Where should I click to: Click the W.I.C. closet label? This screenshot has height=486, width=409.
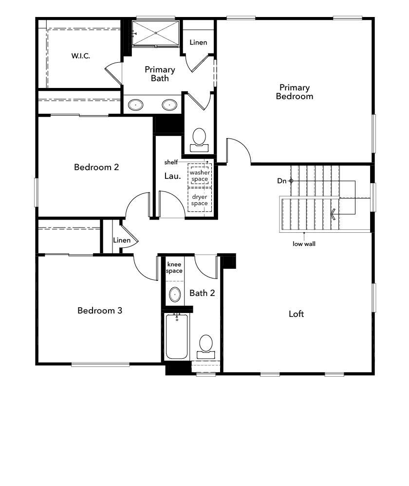pyautogui.click(x=80, y=56)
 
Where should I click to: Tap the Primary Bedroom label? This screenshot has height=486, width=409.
pyautogui.click(x=294, y=92)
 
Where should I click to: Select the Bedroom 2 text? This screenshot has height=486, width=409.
pyautogui.click(x=96, y=167)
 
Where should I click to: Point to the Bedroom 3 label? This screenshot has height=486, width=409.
pyautogui.click(x=99, y=310)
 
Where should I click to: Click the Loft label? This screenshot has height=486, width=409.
pyautogui.click(x=296, y=314)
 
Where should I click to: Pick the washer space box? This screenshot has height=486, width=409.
pyautogui.click(x=199, y=175)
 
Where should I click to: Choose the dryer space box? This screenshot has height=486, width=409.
pyautogui.click(x=199, y=200)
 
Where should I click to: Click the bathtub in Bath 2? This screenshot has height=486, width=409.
pyautogui.click(x=177, y=336)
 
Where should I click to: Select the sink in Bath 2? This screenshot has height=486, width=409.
pyautogui.click(x=175, y=294)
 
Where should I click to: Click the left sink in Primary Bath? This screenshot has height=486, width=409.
pyautogui.click(x=135, y=104)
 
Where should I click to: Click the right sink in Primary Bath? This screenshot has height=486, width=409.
pyautogui.click(x=169, y=104)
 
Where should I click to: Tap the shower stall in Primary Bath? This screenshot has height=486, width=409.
pyautogui.click(x=156, y=33)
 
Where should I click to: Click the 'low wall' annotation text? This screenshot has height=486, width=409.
pyautogui.click(x=304, y=244)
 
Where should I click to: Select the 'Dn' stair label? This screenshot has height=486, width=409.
pyautogui.click(x=282, y=181)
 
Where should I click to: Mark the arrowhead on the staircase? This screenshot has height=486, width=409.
pyautogui.click(x=334, y=213)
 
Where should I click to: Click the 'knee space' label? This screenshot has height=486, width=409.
pyautogui.click(x=174, y=267)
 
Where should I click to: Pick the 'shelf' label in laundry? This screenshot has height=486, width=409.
pyautogui.click(x=171, y=162)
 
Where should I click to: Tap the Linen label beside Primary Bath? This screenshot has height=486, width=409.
pyautogui.click(x=198, y=42)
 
